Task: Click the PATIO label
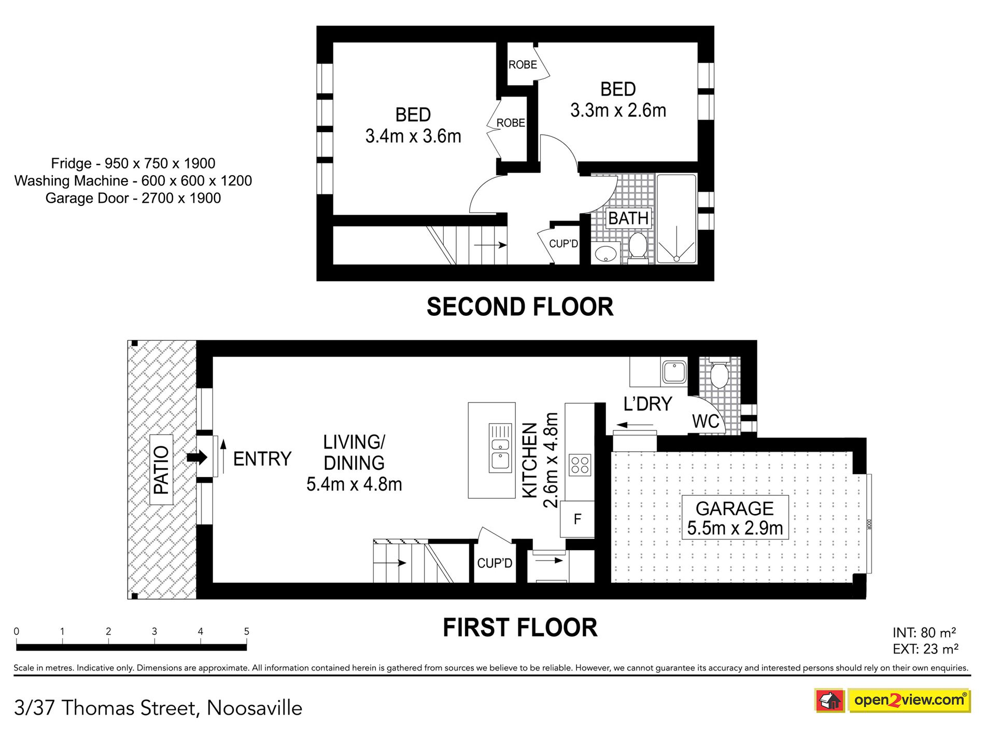161,470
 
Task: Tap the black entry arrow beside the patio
197,457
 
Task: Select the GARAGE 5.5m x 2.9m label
735,518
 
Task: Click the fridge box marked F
577,519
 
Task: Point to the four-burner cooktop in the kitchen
580,465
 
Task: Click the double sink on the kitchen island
500,448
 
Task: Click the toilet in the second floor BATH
637,247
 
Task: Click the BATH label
628,218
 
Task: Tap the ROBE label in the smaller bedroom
523,65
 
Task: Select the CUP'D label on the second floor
564,244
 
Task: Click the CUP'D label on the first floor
495,563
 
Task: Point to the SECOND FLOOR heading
520,306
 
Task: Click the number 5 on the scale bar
247,632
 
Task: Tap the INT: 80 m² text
924,633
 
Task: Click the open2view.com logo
892,700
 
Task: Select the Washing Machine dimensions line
133,180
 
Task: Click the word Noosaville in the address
255,708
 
